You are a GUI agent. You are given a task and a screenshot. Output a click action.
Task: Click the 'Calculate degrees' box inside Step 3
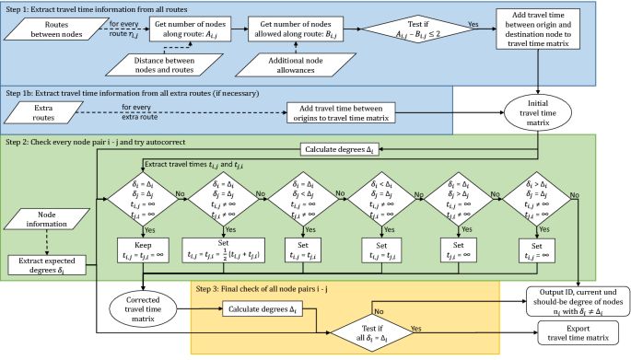click(x=265, y=308)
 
